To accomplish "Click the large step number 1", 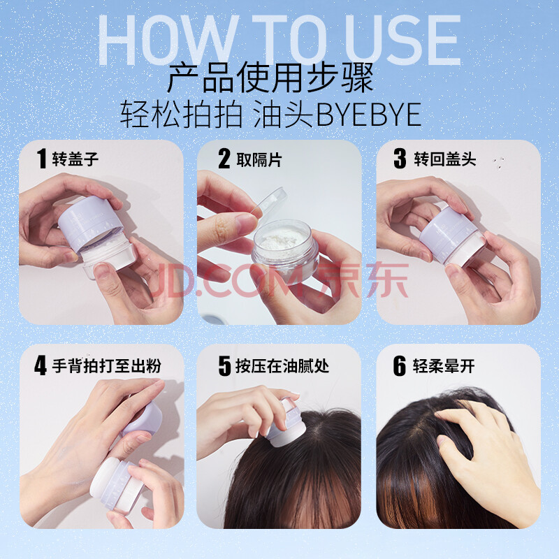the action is pos(42,159).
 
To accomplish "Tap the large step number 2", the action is pos(224,159).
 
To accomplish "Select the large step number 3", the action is pos(400,159).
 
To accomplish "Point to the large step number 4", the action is pos(41,365).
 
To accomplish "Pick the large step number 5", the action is pos(224,365).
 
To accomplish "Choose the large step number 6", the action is pos(400,365).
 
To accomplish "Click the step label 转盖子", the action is pos(75,159).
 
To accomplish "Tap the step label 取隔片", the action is pos(259,159).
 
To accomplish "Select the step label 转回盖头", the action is pos(444,159).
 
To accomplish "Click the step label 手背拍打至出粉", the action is pos(107,365).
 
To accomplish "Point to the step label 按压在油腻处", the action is pos(282,365).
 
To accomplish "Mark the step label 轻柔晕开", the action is pos(444,365).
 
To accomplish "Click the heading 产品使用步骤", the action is pos(270,78).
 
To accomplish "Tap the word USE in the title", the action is pos(402,41).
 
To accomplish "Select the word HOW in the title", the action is pos(168,41).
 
